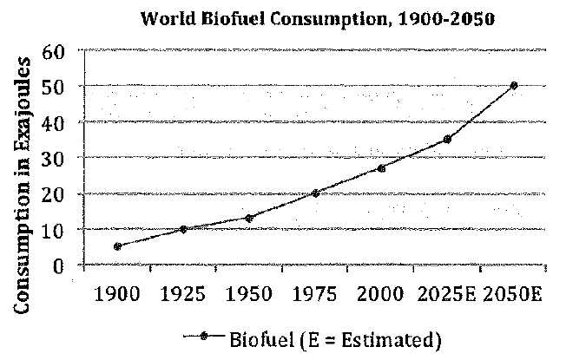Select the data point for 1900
tap(117, 246)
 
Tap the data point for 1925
tap(183, 229)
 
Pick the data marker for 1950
tap(249, 218)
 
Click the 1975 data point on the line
tap(315, 193)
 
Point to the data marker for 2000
tap(381, 167)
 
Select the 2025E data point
tap(447, 139)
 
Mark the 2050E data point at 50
tap(514, 85)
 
